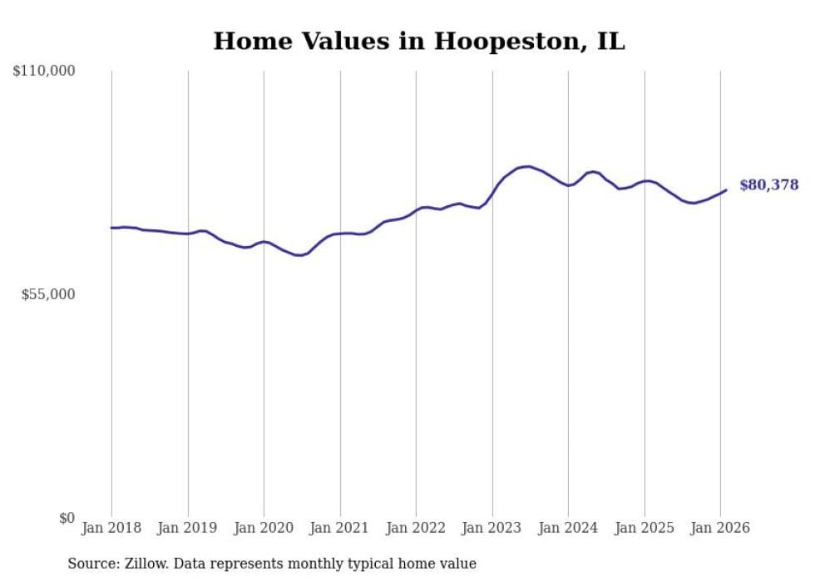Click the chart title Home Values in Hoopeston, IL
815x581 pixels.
click(418, 41)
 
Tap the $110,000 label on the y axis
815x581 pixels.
click(44, 71)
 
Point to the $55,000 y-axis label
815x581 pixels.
click(48, 294)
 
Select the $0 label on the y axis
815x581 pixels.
click(67, 518)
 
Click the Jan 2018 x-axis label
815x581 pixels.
click(111, 528)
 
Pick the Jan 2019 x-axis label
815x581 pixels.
click(188, 528)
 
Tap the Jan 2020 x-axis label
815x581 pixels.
click(264, 528)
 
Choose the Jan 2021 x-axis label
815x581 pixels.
click(340, 528)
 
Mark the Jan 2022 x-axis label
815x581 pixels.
click(416, 528)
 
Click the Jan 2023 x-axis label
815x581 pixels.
click(492, 528)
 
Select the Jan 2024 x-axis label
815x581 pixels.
click(568, 528)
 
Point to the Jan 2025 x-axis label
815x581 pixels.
click(645, 528)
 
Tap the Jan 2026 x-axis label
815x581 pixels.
click(720, 528)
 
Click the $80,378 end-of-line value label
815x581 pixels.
click(768, 185)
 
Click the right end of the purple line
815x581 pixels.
click(726, 190)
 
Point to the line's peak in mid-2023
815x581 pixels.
click(527, 166)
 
